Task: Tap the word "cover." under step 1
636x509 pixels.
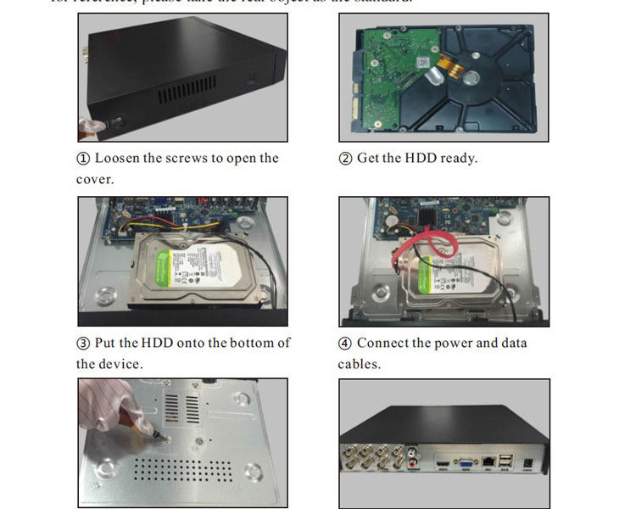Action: (x=94, y=180)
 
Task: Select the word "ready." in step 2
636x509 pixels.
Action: (x=459, y=159)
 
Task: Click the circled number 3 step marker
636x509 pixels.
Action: (x=83, y=344)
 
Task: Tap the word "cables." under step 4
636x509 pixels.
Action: (x=359, y=364)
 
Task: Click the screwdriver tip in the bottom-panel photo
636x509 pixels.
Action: (x=156, y=440)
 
